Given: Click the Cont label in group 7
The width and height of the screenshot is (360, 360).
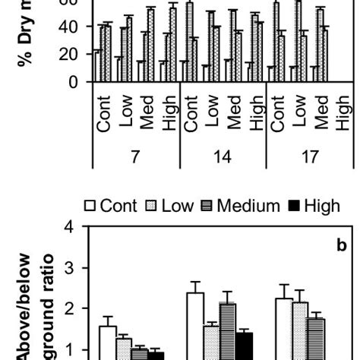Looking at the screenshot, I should click(x=104, y=114).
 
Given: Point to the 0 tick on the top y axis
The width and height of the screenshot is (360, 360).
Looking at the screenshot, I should click(x=74, y=82).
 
